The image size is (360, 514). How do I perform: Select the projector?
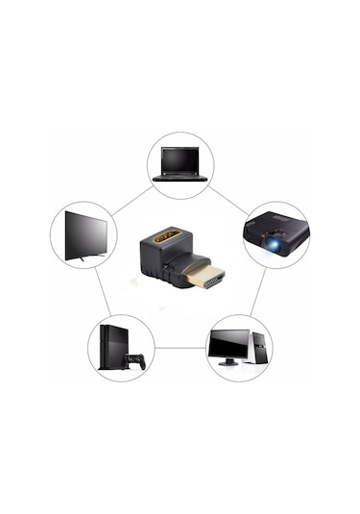(x=276, y=234)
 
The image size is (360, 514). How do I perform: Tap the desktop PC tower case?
(x=258, y=347)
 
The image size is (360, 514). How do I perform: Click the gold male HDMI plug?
(x=205, y=278)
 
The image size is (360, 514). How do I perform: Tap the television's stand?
(x=84, y=257)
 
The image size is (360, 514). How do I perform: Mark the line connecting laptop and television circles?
(x=129, y=202)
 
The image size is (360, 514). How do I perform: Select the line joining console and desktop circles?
(x=180, y=348)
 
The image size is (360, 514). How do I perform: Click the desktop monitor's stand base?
(x=228, y=363)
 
